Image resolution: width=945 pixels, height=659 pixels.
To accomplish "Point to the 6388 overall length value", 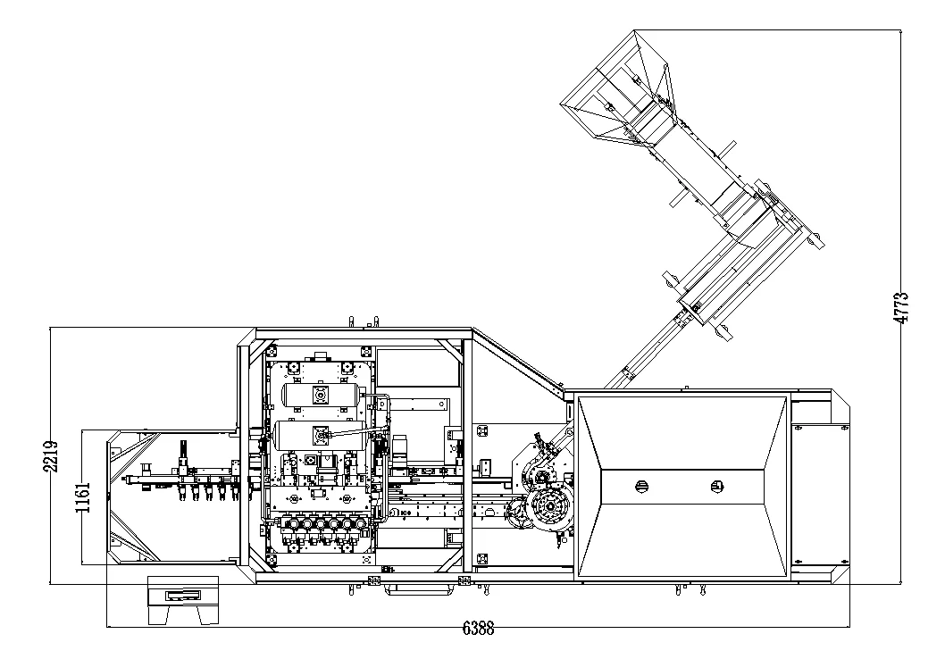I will coord(478,628).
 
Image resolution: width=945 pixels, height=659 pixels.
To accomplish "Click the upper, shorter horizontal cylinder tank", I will coord(320,394).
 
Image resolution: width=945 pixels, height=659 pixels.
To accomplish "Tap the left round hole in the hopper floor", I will coord(640,486).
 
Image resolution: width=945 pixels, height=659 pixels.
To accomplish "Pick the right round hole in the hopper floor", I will coord(715,486).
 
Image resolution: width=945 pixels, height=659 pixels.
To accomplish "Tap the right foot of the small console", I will coord(208,615).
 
